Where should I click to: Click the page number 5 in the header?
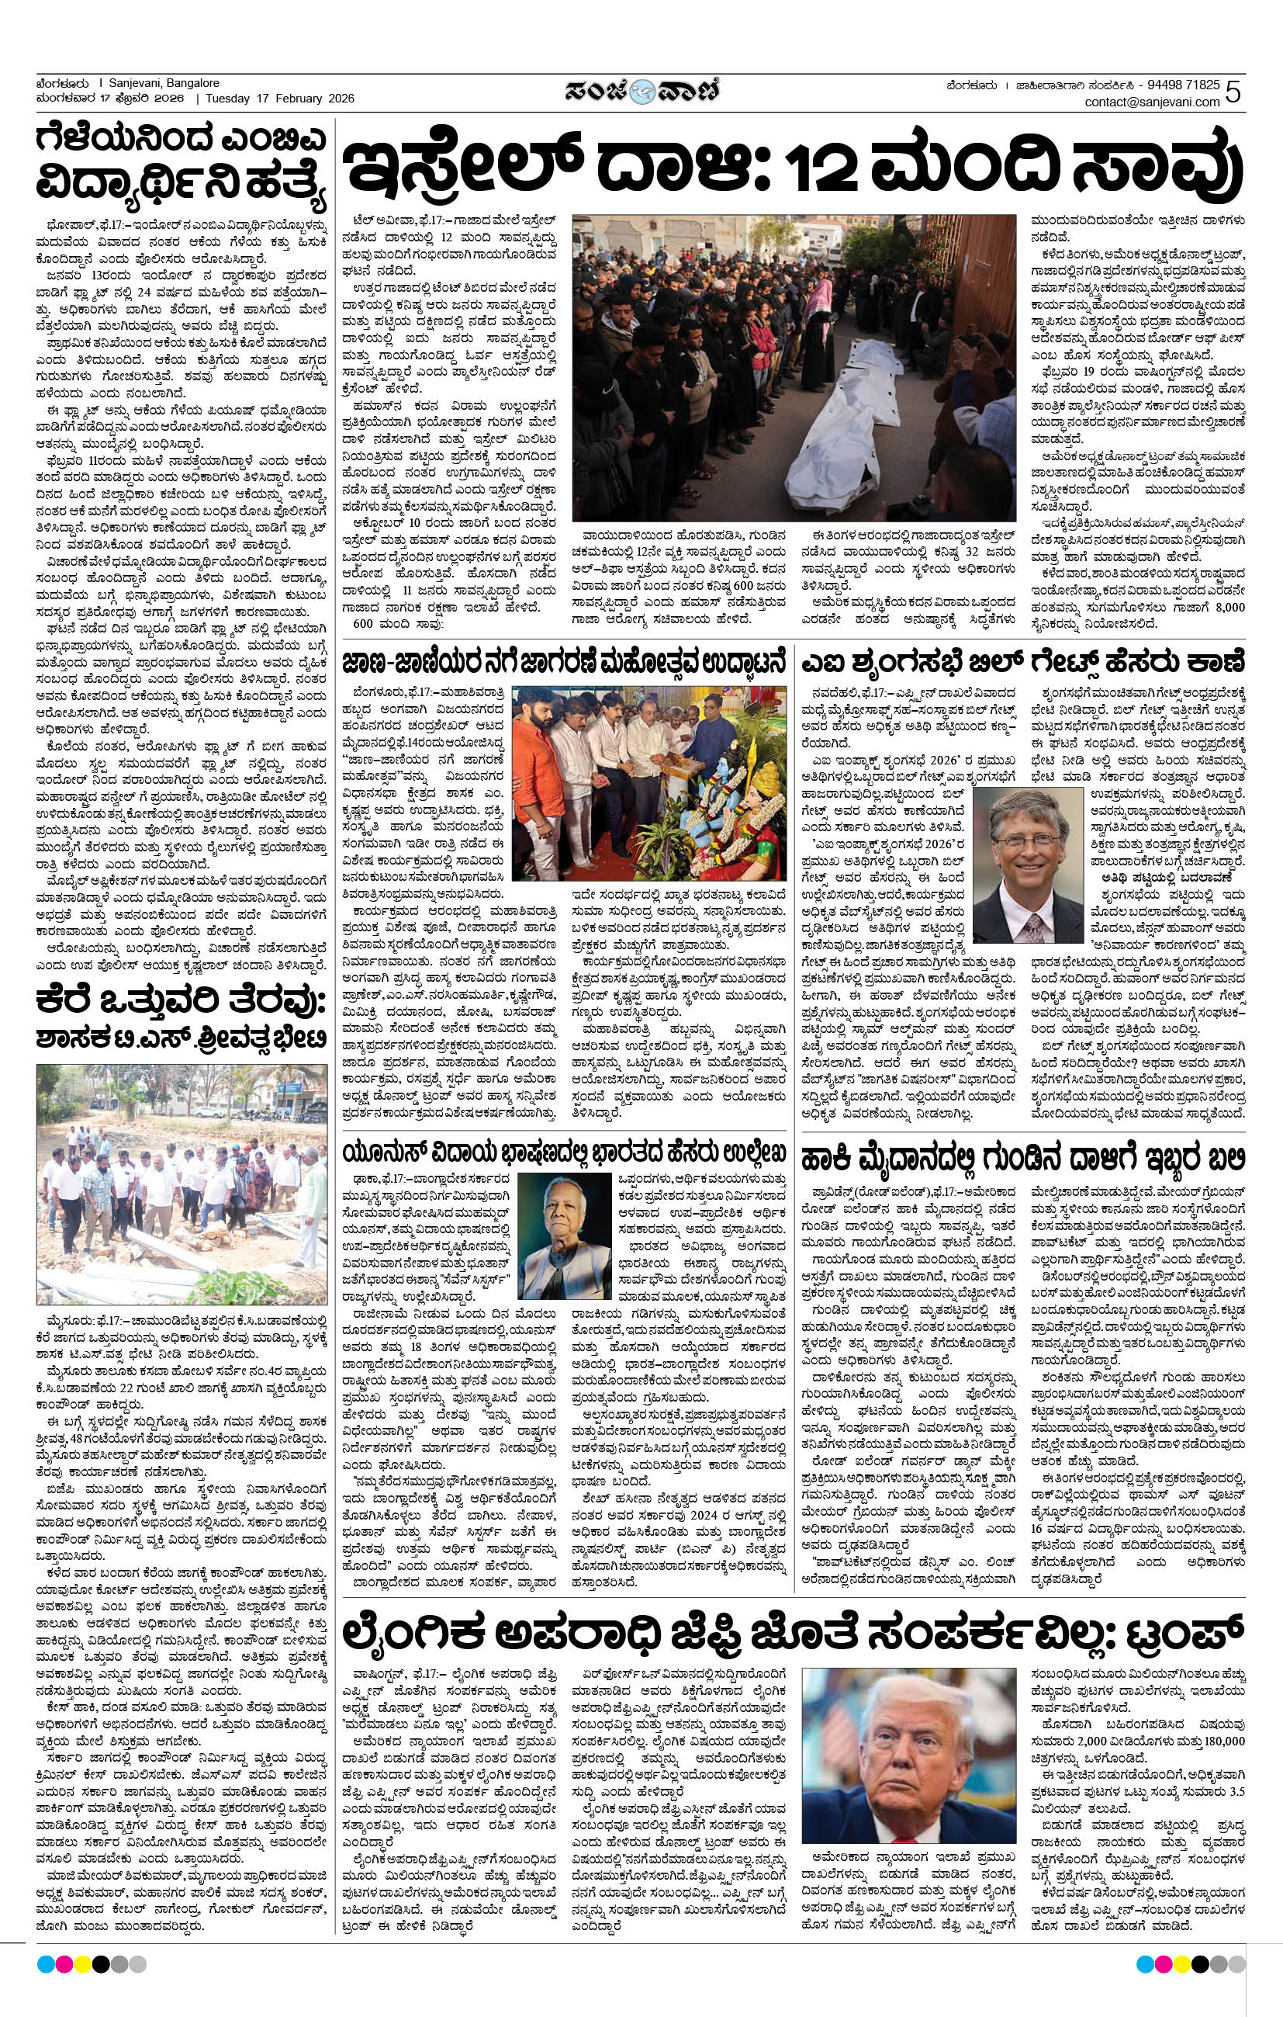click(x=1233, y=92)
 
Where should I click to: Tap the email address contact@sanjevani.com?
click(x=1151, y=102)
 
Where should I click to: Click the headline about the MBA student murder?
click(x=180, y=162)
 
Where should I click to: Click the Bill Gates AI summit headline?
click(x=1022, y=663)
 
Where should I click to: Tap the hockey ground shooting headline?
click(x=1022, y=1161)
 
